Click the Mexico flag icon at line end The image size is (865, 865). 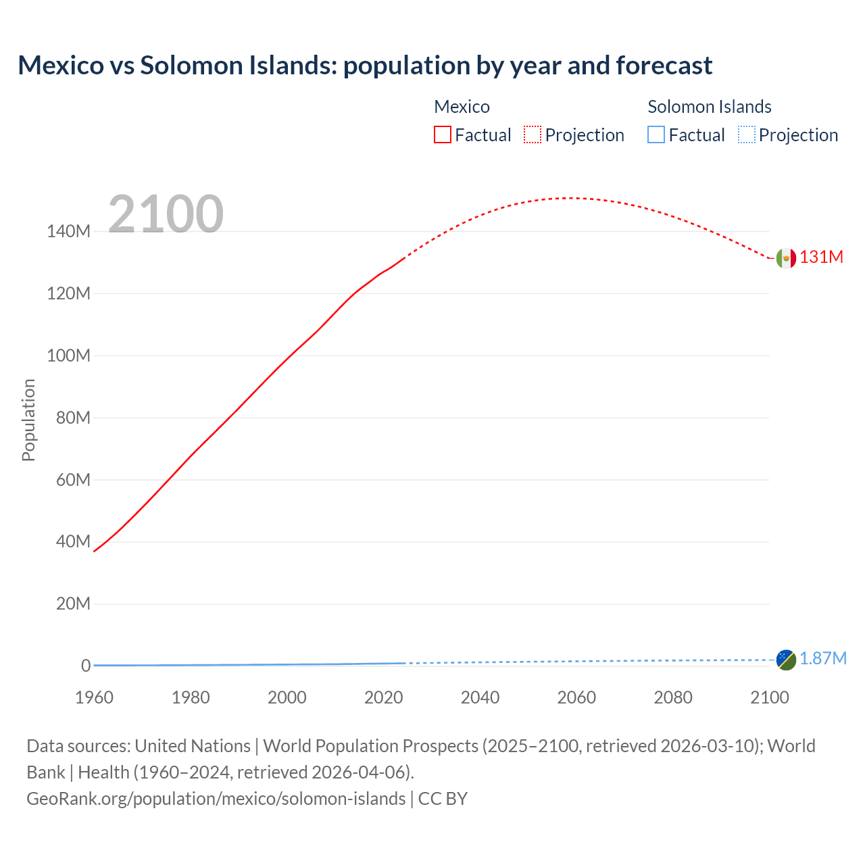pos(786,257)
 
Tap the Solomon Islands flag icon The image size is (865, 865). pos(786,660)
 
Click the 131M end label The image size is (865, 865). pos(821,257)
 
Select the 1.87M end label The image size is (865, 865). pos(822,659)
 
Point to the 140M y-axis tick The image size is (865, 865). pos(68,232)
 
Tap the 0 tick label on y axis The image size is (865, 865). pos(86,666)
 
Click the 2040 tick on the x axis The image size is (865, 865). pos(480,697)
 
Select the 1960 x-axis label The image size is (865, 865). pos(94,697)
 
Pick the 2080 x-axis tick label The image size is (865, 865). pos(672,697)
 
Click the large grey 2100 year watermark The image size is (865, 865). pos(166,214)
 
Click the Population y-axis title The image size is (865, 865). pos(28,420)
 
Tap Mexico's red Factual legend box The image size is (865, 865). pos(442,134)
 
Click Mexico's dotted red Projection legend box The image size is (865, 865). pos(533,134)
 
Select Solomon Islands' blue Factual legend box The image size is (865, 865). pos(656,134)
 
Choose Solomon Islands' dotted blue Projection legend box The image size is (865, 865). pos(746,134)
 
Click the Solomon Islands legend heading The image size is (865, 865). pos(709,107)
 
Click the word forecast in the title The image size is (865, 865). pos(664,66)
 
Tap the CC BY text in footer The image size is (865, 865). pos(443,799)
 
